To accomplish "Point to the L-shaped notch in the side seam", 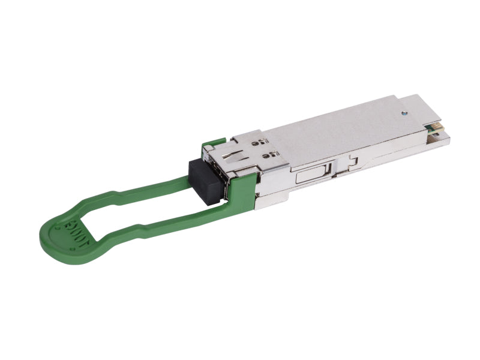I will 353,161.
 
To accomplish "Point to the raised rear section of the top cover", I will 420,108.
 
